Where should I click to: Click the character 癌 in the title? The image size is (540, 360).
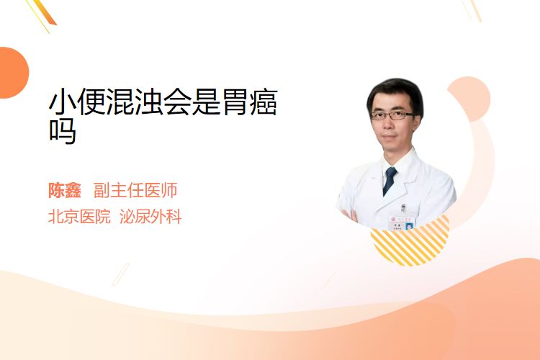click(264, 102)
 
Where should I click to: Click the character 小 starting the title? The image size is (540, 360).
click(62, 102)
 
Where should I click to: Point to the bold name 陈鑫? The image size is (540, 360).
click(64, 190)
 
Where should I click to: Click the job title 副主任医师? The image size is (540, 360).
click(135, 190)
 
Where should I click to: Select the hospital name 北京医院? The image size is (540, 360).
click(79, 217)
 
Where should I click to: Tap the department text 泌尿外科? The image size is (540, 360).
click(150, 217)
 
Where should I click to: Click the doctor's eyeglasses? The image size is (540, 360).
click(392, 115)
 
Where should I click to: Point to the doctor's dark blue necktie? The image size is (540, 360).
click(390, 181)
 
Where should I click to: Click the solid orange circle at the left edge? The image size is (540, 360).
click(14, 73)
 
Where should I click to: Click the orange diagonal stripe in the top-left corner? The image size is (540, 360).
click(44, 12)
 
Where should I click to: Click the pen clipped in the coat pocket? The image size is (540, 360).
click(403, 208)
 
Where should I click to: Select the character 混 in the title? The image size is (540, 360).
click(120, 102)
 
